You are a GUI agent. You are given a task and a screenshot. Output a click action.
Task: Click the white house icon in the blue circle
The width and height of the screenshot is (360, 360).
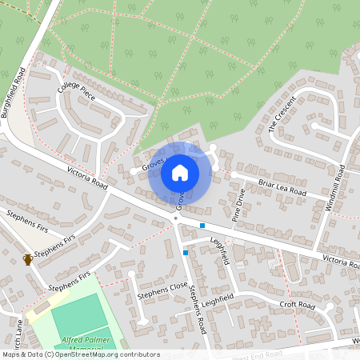coord(180,171)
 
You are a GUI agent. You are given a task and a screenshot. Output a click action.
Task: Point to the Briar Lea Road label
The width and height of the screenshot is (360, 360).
coord(282,186)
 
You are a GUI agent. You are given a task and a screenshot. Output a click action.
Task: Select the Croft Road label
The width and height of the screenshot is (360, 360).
coord(297,306)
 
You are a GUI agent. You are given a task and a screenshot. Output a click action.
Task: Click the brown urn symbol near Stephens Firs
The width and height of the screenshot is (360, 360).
coord(28,258)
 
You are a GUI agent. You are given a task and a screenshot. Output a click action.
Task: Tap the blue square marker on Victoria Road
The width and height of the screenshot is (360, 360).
coord(202,226)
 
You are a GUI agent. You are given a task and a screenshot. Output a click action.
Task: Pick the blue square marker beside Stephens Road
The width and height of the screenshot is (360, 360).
coord(186,253)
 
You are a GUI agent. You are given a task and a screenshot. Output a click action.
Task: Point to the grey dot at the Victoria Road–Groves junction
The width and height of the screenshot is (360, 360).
coord(176,217)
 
